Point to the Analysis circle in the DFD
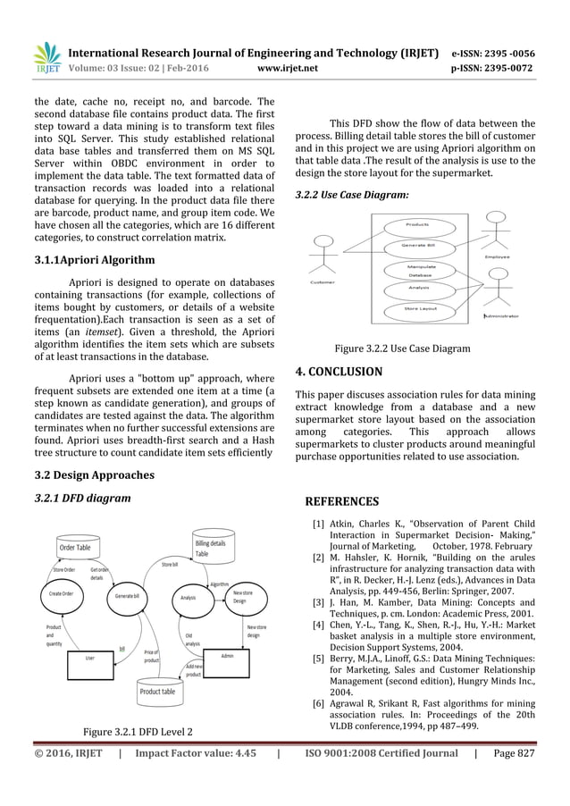point(188,597)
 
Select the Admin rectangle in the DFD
point(227,656)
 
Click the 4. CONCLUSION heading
point(339,371)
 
